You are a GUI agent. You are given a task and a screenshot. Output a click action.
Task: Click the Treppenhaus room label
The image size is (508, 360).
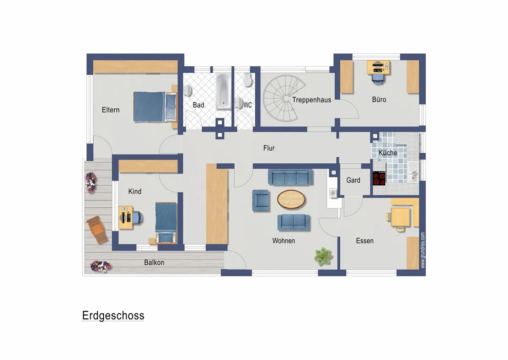point(312,100)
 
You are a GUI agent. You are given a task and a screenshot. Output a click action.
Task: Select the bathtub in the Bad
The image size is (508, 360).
point(224,91)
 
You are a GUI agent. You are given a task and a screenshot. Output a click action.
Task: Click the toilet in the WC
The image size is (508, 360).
point(247,80)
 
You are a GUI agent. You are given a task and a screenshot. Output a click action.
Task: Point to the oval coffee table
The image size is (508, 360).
point(291,199)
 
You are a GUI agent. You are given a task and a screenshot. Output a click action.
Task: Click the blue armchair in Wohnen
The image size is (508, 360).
point(261,201)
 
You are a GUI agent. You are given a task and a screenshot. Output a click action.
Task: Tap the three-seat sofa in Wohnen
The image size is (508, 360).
point(290,177)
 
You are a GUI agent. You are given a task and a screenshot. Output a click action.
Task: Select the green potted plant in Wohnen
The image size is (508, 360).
point(323,256)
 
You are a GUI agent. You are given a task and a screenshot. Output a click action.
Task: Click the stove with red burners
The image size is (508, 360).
point(379,178)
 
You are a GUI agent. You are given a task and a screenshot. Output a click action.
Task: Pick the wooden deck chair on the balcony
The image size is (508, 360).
point(97,230)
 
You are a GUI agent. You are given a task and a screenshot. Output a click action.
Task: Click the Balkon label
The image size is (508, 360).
point(154,263)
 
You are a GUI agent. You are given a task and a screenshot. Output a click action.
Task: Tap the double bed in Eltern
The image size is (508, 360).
point(155,107)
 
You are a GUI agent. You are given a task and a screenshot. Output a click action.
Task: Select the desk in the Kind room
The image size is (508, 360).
point(126,217)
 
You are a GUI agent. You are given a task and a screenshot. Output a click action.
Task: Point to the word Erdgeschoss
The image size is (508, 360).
point(113,316)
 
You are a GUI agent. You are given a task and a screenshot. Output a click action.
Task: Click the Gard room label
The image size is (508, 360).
point(353,180)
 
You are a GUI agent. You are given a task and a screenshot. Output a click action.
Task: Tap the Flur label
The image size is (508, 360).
point(269,148)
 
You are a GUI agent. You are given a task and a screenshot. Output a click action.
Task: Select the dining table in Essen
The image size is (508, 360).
point(400,217)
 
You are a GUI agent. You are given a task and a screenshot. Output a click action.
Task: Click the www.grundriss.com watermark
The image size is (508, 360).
point(423,250)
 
